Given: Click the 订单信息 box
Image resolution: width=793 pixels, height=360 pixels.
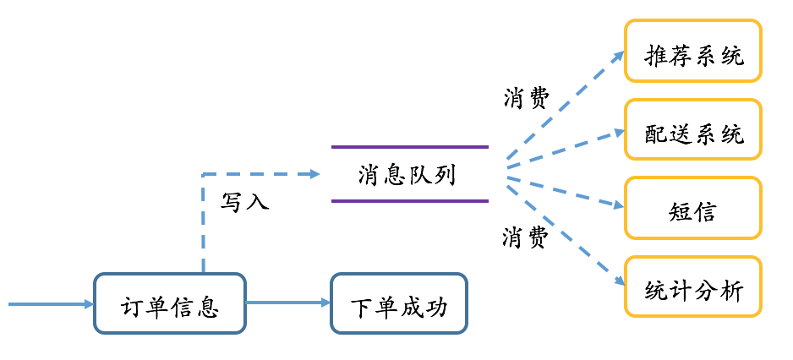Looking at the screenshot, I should [x=169, y=303].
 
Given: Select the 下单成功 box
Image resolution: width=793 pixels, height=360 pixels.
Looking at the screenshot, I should [x=398, y=303].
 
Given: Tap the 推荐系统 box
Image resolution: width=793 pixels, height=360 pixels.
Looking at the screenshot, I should [x=693, y=51].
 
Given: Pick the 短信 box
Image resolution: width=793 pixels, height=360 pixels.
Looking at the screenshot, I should [x=693, y=208].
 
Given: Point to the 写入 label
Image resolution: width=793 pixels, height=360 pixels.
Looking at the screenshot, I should [x=244, y=202].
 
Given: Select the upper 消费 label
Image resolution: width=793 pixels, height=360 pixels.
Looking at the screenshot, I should [x=526, y=99].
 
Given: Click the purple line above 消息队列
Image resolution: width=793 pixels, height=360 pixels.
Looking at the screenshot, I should [x=410, y=147].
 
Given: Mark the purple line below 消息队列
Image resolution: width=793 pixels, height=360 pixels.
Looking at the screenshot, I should [x=410, y=201].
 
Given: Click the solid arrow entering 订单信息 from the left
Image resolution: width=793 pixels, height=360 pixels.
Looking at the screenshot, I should [x=51, y=303].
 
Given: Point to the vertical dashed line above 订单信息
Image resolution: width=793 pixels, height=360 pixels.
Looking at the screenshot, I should [x=203, y=224].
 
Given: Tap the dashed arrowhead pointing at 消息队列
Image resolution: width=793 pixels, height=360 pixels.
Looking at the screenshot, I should [x=315, y=174].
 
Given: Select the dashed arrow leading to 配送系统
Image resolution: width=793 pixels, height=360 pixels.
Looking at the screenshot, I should [x=565, y=146].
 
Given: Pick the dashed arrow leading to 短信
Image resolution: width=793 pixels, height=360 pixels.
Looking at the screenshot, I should [x=565, y=188].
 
